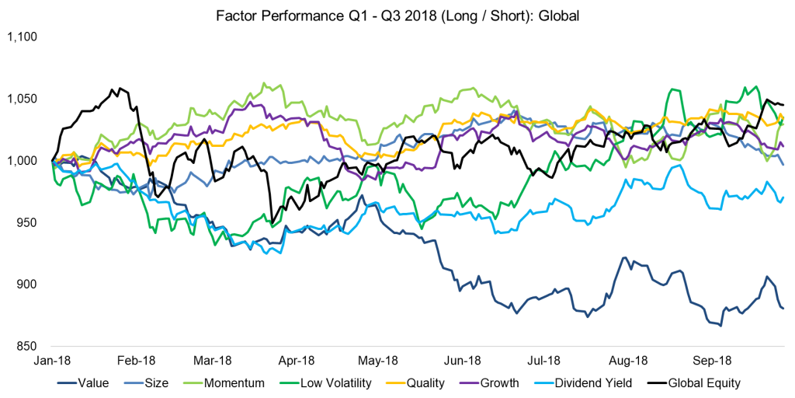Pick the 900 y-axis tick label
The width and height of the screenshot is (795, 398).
click(x=29, y=285)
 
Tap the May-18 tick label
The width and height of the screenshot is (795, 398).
click(x=378, y=361)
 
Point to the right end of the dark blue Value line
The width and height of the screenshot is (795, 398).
click(x=783, y=309)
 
